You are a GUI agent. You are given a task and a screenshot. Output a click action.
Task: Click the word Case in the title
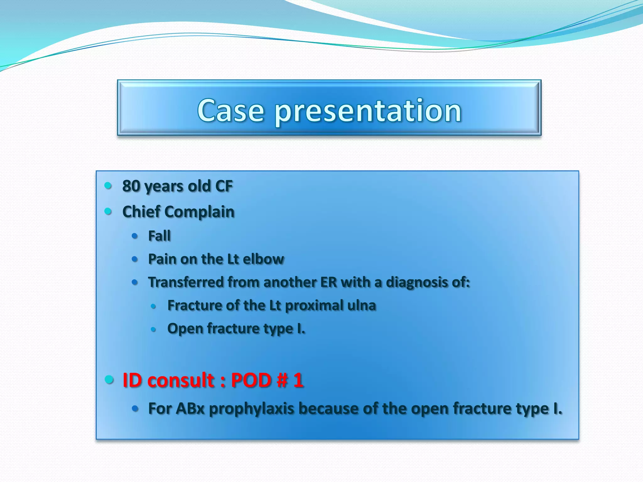click(x=230, y=110)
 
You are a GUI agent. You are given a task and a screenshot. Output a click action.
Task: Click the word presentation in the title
click(x=368, y=112)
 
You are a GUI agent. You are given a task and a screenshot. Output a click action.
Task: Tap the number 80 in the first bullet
click(x=131, y=186)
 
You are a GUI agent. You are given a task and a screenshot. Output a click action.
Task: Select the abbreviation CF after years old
click(x=224, y=186)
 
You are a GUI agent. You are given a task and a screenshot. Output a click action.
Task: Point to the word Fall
click(x=159, y=236)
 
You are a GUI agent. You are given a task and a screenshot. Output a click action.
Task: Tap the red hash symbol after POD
click(x=282, y=380)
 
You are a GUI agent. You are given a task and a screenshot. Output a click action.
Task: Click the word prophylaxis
click(x=251, y=409)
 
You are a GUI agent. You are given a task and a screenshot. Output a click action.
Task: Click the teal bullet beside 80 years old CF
click(x=108, y=185)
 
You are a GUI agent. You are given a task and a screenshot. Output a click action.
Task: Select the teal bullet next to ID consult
click(x=109, y=379)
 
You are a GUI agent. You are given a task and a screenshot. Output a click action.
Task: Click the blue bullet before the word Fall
click(x=135, y=236)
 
